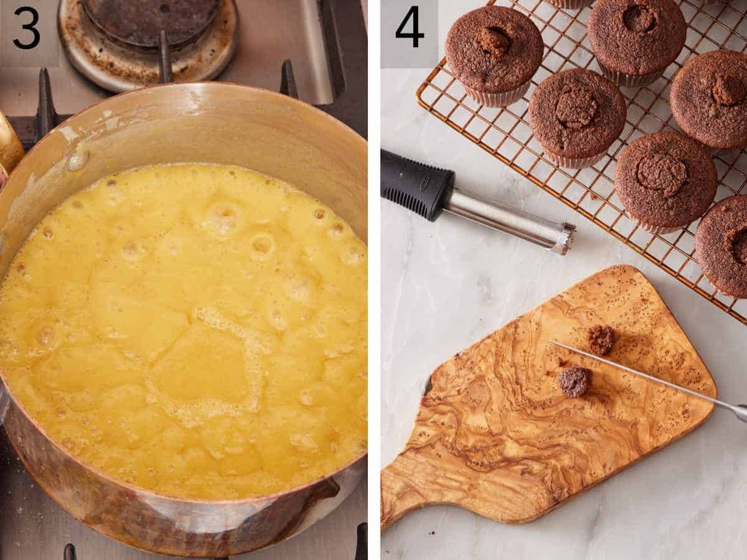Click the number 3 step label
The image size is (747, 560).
(x=26, y=28)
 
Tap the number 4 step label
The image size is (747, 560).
(x=409, y=27)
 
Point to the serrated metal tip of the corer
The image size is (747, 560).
(x=565, y=238)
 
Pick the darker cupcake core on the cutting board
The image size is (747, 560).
(x=574, y=381)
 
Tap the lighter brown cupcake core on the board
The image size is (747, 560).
(x=601, y=339)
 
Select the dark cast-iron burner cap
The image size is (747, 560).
(x=149, y=19)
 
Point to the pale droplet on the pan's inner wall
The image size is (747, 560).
(x=78, y=160)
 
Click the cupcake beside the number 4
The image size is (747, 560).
(x=494, y=50)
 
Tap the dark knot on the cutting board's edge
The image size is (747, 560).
(x=428, y=386)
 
